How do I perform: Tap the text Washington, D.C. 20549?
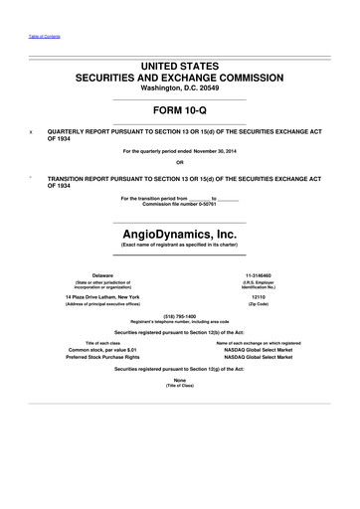point(180,87)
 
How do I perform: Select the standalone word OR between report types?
point(180,162)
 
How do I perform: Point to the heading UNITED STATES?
point(180,63)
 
